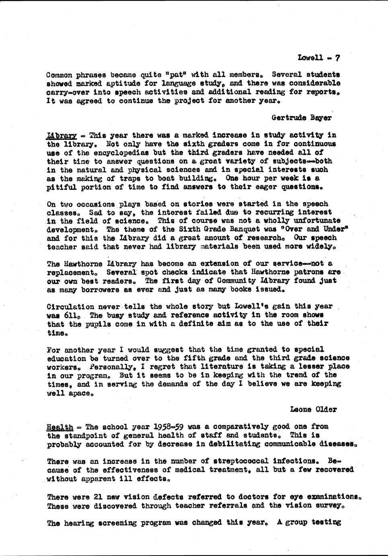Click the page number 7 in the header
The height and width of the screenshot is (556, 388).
pyautogui.click(x=338, y=58)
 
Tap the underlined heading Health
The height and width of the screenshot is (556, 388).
pyautogui.click(x=60, y=427)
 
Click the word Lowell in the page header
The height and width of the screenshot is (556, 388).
pyautogui.click(x=310, y=58)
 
